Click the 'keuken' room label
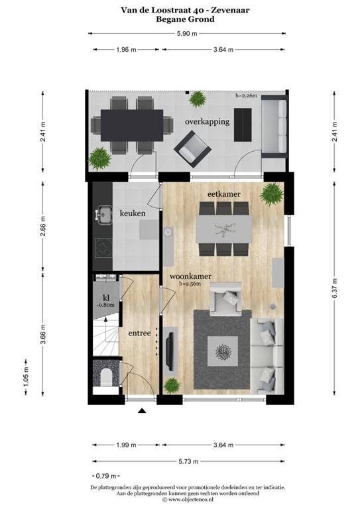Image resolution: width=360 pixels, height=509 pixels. point(133,213)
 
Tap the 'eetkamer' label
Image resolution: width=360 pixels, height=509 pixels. point(223,194)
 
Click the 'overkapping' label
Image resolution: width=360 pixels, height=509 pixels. point(208,122)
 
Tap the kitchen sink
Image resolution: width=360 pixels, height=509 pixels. point(105,214)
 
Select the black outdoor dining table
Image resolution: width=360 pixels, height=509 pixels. point(130,124)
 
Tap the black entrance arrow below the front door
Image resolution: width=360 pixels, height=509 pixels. point(141,412)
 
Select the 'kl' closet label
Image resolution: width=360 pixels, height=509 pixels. point(105,298)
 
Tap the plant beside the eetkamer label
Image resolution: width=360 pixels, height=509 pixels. point(270,194)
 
